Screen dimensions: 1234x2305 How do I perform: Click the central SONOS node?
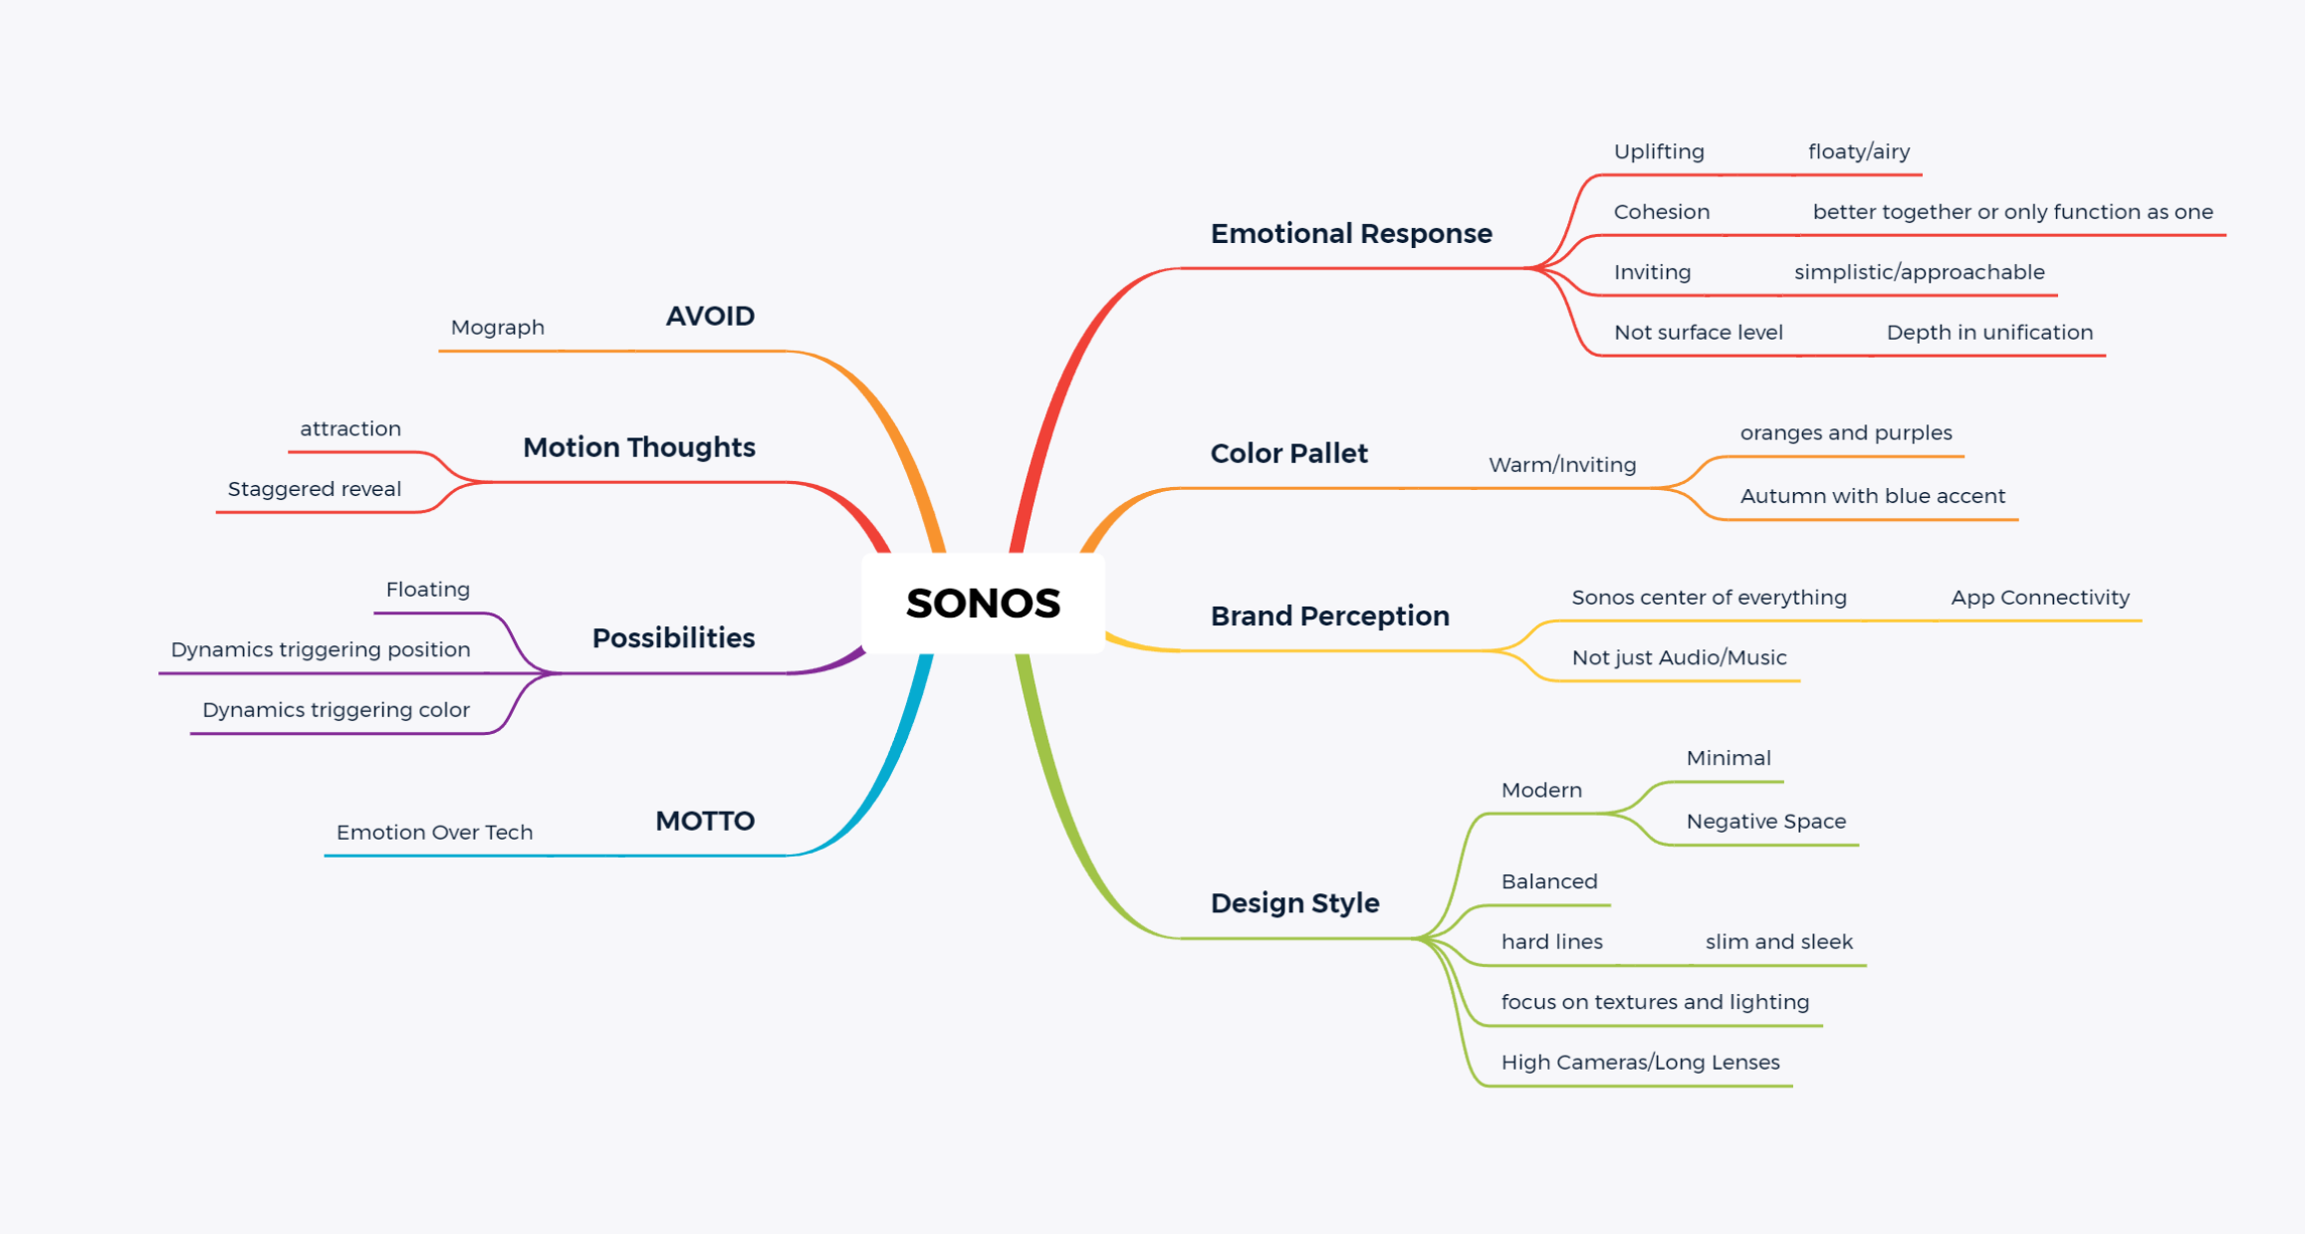point(983,604)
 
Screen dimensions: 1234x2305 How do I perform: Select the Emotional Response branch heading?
point(1351,234)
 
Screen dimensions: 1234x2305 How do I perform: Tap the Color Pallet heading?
point(1288,454)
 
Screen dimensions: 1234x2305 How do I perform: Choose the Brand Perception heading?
point(1329,617)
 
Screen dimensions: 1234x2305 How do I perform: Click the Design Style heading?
point(1294,903)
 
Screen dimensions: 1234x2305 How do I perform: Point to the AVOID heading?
point(710,317)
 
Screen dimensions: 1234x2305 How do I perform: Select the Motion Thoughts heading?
point(639,448)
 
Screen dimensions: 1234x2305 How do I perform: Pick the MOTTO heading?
point(705,822)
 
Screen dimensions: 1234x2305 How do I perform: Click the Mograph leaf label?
point(498,328)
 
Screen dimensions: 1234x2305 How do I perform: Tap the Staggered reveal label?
point(315,489)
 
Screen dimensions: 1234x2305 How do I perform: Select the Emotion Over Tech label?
point(434,833)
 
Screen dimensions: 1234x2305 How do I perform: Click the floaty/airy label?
point(1859,152)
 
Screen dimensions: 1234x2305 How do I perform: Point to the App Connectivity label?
point(2040,598)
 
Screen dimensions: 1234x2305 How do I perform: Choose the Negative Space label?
point(1765,822)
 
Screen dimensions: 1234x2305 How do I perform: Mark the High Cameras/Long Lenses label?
point(1640,1063)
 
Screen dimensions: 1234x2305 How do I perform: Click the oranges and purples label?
point(1846,433)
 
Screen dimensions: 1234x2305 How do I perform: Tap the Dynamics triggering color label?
point(336,710)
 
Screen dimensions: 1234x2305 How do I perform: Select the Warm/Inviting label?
point(1562,465)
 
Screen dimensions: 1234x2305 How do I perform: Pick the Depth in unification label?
point(1989,333)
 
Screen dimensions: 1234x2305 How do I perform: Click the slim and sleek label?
point(1778,942)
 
